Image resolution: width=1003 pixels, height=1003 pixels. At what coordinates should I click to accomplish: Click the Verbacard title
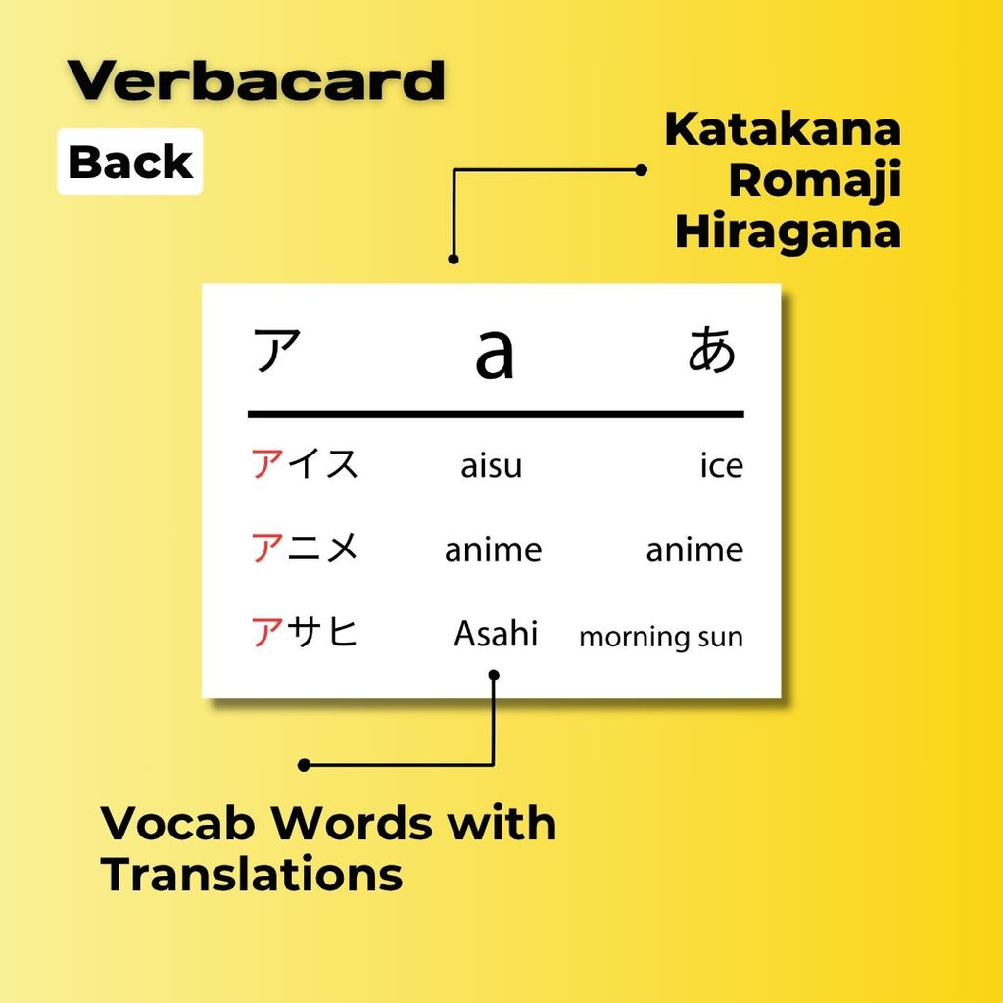point(256,82)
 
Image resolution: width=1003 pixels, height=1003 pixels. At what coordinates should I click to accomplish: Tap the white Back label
point(130,163)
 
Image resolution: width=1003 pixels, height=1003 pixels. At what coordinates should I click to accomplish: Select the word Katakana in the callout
point(783,130)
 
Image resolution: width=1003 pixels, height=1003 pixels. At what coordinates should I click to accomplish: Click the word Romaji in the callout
point(815,181)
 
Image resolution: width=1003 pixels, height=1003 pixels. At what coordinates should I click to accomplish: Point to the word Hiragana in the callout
point(788,232)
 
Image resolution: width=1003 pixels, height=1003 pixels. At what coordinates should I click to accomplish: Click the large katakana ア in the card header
point(277,352)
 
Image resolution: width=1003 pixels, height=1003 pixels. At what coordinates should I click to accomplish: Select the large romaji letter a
point(494,355)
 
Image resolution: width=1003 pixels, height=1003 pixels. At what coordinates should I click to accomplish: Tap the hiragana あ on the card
point(711,351)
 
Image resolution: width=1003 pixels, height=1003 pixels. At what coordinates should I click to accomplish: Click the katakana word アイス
point(306,463)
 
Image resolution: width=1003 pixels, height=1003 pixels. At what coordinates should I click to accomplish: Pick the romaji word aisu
point(492,466)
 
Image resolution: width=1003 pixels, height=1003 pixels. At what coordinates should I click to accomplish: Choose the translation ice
point(721,466)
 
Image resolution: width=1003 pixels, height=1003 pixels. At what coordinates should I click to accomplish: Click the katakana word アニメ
point(306,549)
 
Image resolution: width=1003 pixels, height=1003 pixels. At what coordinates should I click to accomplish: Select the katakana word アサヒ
point(306,633)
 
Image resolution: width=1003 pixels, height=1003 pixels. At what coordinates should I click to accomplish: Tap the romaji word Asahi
point(496,634)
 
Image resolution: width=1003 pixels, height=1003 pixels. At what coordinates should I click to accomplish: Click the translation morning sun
point(661,637)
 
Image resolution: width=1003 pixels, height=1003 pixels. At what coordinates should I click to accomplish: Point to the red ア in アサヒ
point(266,633)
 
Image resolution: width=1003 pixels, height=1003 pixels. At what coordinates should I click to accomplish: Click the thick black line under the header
point(496,414)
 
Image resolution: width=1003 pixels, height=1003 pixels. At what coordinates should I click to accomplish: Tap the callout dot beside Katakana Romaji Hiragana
point(642,169)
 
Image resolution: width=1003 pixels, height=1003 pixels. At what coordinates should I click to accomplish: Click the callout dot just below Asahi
point(494,675)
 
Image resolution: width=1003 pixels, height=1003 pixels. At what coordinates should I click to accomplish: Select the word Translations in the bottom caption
point(253,874)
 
